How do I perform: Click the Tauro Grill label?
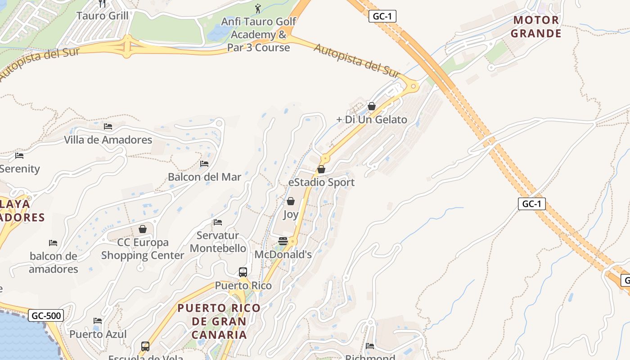click(102, 16)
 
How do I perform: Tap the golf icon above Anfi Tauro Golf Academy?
click(258, 8)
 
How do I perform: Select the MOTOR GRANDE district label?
click(536, 27)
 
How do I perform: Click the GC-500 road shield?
click(46, 316)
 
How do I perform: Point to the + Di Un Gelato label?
click(372, 120)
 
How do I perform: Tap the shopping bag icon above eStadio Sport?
click(321, 169)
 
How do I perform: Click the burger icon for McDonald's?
click(283, 241)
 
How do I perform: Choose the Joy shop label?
click(291, 214)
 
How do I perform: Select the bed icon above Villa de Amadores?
click(108, 126)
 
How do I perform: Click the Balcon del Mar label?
click(204, 177)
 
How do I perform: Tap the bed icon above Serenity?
click(19, 156)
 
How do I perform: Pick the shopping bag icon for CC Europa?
click(143, 229)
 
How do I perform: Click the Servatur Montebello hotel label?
click(218, 242)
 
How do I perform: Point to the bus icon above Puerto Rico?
click(243, 272)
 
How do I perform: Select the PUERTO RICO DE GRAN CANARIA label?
click(219, 321)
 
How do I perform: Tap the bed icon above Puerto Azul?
click(98, 321)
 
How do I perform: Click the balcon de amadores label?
click(54, 262)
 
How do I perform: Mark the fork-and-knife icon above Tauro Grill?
click(102, 4)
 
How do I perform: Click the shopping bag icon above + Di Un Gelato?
click(372, 106)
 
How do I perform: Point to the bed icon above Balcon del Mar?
click(204, 164)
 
